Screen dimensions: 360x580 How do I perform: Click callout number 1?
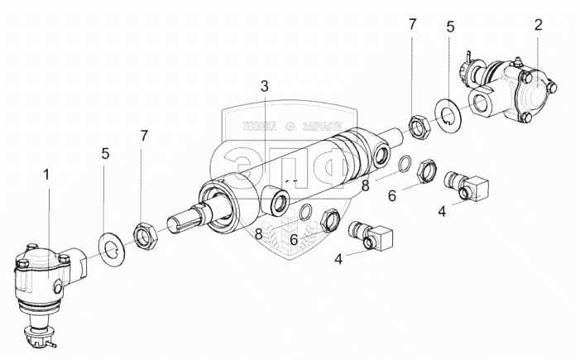[x=47, y=176]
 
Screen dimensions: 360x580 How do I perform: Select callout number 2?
[x=537, y=25]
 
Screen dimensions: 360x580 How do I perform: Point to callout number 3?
[x=263, y=86]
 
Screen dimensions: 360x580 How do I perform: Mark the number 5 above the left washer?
[x=103, y=153]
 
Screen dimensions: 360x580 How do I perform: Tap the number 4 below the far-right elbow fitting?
[x=442, y=210]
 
